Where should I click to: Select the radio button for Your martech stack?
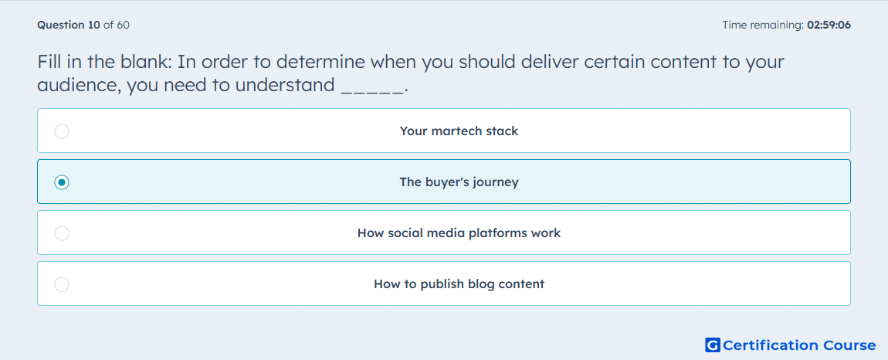coord(62,131)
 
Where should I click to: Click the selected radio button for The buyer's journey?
coord(62,182)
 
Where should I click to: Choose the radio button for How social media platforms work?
coord(62,233)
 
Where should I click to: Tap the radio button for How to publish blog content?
coord(62,284)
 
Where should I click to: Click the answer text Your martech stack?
coord(459,131)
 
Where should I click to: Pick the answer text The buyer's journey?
coord(459,182)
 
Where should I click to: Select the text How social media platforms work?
coord(459,233)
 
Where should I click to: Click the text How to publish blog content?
coord(459,284)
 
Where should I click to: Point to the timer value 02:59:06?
coord(825,25)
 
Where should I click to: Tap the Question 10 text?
coord(69,25)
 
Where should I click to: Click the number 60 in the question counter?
coord(123,25)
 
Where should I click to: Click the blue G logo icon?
coord(713,345)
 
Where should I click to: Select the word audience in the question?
coord(78,85)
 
